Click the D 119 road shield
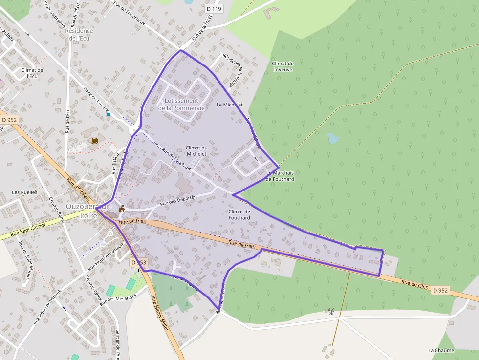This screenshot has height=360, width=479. click(x=214, y=9)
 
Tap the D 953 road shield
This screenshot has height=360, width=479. click(x=139, y=262)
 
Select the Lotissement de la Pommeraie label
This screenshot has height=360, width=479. click(x=182, y=105)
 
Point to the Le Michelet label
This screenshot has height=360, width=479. click(x=230, y=105)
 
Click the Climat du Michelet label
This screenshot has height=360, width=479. click(x=196, y=151)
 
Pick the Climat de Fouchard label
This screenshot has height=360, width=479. click(x=239, y=214)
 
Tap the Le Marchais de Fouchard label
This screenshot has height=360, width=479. click(x=280, y=176)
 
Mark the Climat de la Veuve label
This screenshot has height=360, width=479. click(x=283, y=66)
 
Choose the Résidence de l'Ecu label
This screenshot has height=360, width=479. click(x=79, y=34)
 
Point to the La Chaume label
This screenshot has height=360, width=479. click(x=441, y=350)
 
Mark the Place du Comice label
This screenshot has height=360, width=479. click(x=96, y=98)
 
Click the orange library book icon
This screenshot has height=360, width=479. click(x=94, y=141)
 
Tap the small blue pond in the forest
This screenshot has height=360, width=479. click(x=333, y=138)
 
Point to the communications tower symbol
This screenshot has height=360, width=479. click(x=331, y=310)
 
